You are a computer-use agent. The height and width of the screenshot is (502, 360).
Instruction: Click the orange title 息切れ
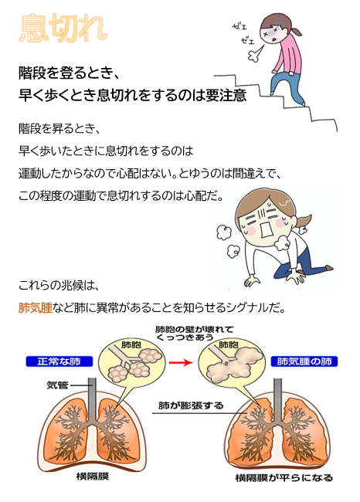click(x=63, y=28)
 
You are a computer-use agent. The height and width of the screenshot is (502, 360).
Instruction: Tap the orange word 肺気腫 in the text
click(x=36, y=307)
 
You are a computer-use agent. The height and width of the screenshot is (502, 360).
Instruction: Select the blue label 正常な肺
click(x=59, y=361)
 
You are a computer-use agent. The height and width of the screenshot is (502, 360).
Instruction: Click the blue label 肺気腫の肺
click(x=304, y=361)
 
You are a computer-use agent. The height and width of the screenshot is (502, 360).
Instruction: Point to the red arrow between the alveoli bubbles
click(x=180, y=362)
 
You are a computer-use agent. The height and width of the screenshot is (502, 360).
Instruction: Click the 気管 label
click(x=57, y=385)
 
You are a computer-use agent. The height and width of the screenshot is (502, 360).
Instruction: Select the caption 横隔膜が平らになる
click(x=284, y=477)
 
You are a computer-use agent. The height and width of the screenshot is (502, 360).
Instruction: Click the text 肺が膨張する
click(x=191, y=405)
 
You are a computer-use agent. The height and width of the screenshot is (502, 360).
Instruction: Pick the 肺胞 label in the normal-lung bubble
click(x=131, y=344)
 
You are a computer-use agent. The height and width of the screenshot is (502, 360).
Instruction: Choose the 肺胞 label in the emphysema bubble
click(x=229, y=344)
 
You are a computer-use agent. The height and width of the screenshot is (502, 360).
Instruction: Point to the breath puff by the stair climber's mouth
click(x=255, y=55)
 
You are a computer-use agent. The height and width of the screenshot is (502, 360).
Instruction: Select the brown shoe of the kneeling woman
click(x=328, y=268)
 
